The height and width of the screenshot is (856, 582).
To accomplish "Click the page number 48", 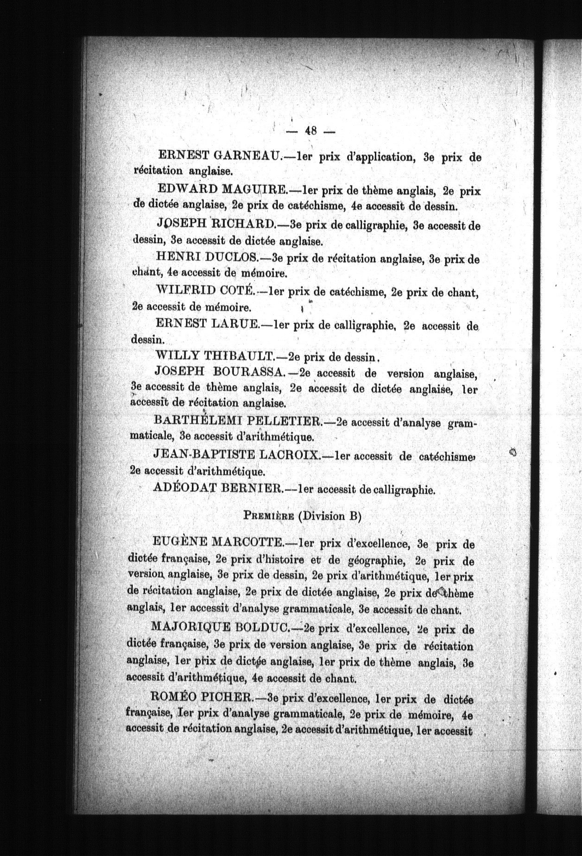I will (310, 131).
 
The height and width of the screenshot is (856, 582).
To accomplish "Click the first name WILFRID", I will (186, 291).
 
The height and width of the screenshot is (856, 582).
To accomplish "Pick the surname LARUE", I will (235, 324).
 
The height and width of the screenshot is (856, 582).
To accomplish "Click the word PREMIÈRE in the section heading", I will (268, 516).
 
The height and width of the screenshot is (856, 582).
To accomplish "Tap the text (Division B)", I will (329, 516).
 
